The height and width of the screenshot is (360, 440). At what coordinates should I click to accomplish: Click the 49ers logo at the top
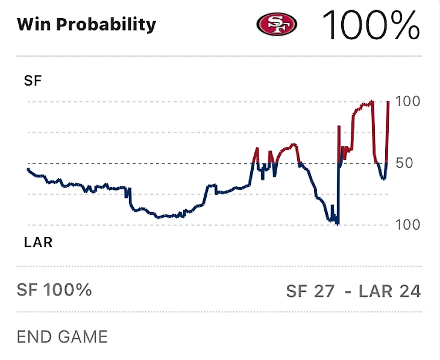click(277, 24)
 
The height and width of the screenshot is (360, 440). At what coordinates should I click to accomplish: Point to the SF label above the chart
click(33, 81)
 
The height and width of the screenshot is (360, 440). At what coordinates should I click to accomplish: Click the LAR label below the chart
click(38, 243)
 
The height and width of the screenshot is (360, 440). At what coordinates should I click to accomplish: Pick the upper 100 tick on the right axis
click(408, 101)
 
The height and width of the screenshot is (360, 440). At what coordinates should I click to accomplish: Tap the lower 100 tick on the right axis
click(408, 224)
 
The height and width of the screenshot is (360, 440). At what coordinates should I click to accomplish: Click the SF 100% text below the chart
click(54, 290)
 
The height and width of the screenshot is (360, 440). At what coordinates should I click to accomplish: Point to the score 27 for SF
click(324, 291)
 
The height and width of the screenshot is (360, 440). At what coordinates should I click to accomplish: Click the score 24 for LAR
click(410, 291)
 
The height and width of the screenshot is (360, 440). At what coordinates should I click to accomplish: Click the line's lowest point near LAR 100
click(338, 224)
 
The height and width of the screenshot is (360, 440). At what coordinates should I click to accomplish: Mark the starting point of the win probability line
click(28, 169)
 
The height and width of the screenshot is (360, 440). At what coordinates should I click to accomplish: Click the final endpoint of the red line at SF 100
click(388, 102)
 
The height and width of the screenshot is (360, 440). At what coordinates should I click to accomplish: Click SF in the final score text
click(297, 291)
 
